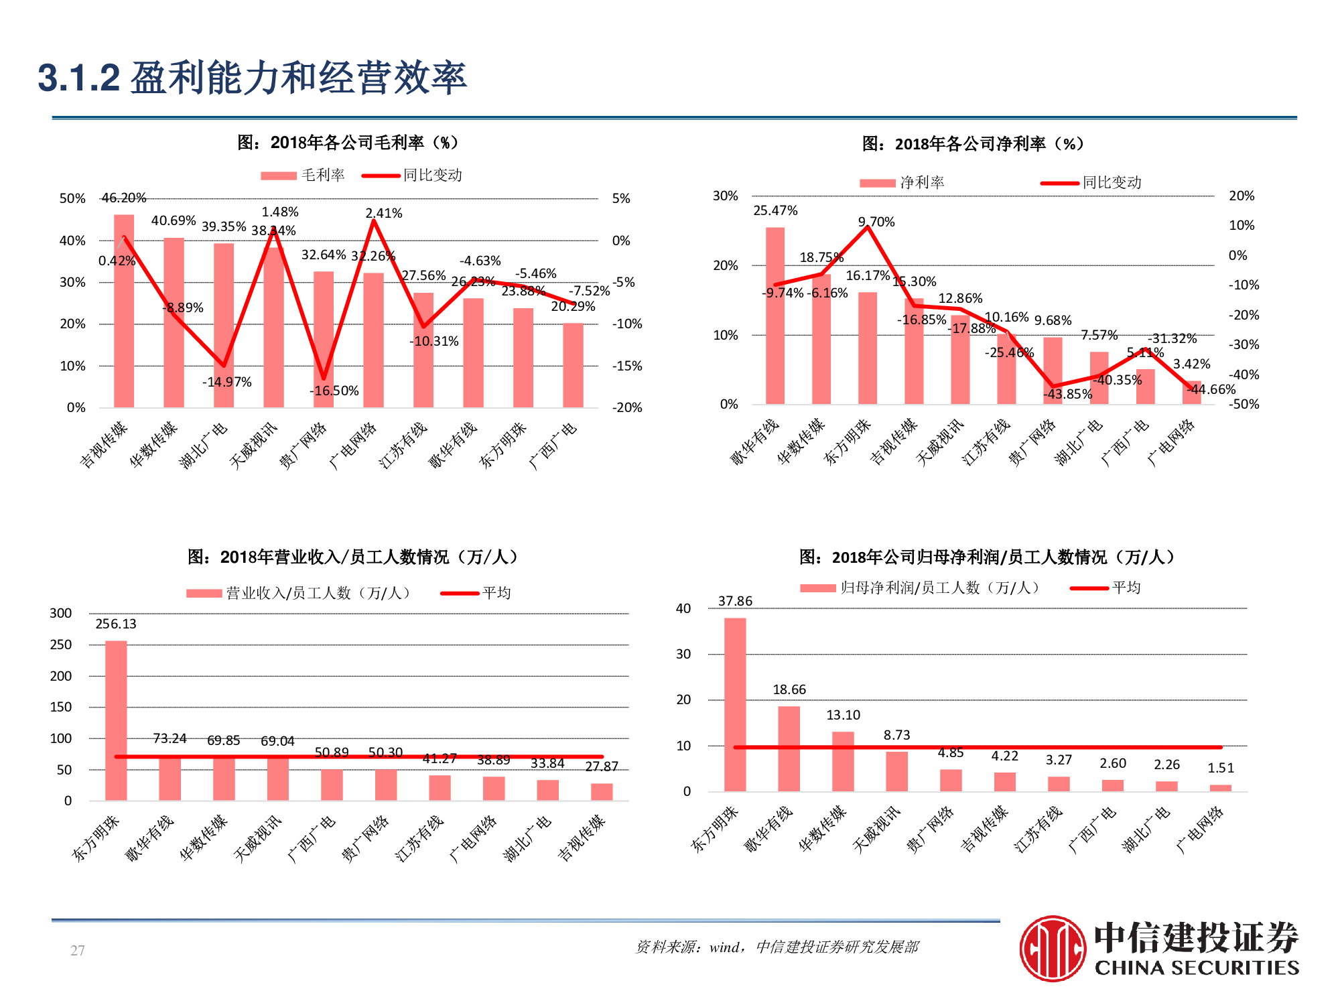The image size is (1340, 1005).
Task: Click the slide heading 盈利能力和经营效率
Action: coord(297,78)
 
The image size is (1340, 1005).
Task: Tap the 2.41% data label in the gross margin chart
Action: coord(383,213)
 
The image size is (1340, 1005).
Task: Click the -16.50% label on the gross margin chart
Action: coord(334,391)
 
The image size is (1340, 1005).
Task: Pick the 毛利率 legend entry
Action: coord(304,176)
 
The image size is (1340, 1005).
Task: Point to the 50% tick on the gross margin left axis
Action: coord(72,198)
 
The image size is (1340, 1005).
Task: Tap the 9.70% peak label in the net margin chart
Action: coord(876,222)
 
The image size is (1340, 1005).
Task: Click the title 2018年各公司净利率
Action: coord(972,143)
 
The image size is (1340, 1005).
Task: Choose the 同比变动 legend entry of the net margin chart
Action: coord(1092,182)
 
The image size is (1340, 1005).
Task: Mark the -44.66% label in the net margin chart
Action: coord(1211,389)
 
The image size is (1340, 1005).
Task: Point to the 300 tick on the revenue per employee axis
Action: coord(60,613)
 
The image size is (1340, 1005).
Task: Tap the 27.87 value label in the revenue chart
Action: coord(601,766)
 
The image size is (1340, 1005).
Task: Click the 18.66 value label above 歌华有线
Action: coord(789,689)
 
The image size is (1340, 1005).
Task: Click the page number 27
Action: coord(77,950)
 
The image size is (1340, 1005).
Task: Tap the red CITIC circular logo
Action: coord(1052,948)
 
